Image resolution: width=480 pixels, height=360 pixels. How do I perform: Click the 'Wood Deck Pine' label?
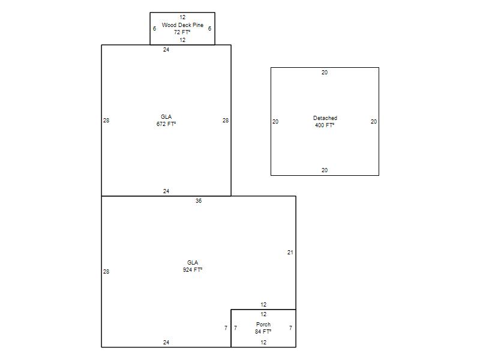(x=182, y=25)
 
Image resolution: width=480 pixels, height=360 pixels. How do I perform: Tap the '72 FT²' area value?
(x=182, y=32)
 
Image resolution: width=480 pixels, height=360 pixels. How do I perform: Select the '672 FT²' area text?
(x=166, y=124)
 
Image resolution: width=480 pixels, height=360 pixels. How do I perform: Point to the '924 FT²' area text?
(x=193, y=269)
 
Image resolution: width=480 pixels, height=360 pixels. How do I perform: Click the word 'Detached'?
(x=325, y=118)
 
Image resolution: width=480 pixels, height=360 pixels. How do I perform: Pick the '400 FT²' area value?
(x=325, y=125)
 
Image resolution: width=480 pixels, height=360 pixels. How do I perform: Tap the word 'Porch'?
(x=263, y=324)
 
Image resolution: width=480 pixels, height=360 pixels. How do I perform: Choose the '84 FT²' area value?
(x=263, y=332)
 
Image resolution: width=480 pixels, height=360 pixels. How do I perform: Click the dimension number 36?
(x=199, y=201)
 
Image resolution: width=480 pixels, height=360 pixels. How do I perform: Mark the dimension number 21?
(x=290, y=253)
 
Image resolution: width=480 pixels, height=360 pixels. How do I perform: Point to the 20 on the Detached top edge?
(x=325, y=73)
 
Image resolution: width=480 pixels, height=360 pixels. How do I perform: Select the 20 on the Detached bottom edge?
(x=325, y=170)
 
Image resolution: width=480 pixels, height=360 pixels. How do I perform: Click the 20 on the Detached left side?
(x=275, y=122)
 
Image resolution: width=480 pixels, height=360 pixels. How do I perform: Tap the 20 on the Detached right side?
(x=374, y=122)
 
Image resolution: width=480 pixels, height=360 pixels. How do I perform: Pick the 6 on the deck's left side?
(x=155, y=28)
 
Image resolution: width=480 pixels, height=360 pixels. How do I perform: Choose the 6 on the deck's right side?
(x=209, y=28)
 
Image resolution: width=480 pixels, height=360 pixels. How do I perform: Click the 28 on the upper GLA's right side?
(x=226, y=121)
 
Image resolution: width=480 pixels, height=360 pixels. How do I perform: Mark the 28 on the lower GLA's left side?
(x=106, y=272)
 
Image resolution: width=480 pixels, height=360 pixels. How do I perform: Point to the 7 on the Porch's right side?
(x=290, y=328)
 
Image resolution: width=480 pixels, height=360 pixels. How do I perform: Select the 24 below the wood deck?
(x=166, y=50)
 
